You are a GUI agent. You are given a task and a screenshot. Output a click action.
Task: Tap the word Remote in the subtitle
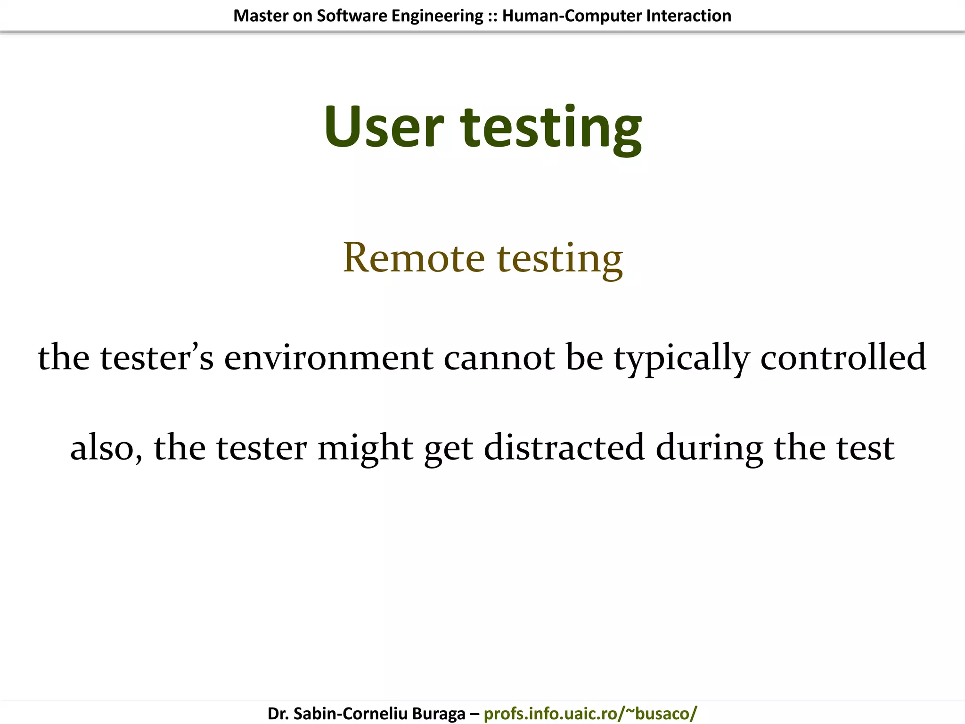(x=414, y=258)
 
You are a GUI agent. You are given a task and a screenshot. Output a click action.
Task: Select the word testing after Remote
(x=560, y=259)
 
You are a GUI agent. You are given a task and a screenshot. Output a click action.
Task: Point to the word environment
(x=328, y=357)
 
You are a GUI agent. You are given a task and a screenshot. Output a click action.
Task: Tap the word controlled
(x=843, y=357)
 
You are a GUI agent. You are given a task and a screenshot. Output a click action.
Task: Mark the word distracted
(x=564, y=447)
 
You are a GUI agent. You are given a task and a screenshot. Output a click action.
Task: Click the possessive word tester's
(x=156, y=357)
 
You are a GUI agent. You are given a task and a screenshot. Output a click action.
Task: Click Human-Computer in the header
(x=572, y=16)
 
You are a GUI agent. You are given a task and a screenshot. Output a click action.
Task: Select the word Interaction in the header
(x=688, y=16)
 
